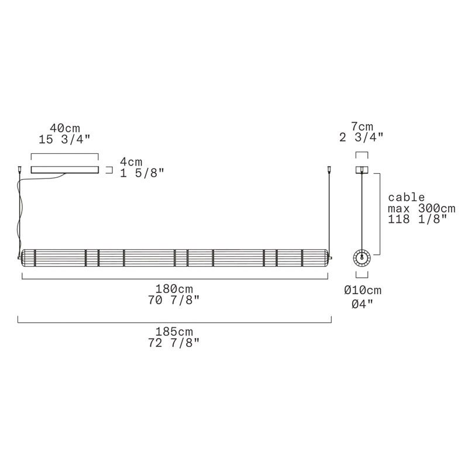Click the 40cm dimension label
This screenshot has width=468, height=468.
tap(65, 128)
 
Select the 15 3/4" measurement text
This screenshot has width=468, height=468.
tap(64, 139)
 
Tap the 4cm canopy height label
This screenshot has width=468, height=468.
tap(131, 162)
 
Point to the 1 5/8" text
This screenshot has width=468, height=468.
tap(142, 173)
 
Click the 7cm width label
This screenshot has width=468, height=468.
tap(362, 126)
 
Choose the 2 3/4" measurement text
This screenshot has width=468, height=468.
tap(362, 137)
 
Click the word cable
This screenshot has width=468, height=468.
tap(406, 197)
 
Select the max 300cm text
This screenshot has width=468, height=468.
tap(422, 208)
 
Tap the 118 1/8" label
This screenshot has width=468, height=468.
tap(418, 219)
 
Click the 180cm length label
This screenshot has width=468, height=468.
tap(174, 289)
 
